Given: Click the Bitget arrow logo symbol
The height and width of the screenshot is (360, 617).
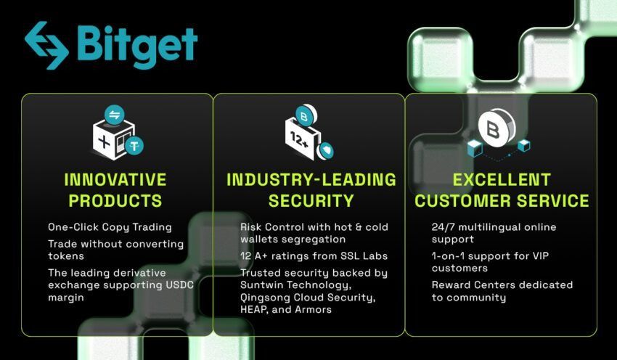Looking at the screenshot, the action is tap(46, 45).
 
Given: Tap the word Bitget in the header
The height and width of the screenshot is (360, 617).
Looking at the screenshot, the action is tap(137, 46).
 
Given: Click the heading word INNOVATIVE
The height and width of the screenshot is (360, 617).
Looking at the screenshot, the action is tap(115, 180).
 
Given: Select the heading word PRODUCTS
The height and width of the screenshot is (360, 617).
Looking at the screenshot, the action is tap(115, 200).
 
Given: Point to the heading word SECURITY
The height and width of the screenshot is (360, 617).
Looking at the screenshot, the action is tap(311, 200).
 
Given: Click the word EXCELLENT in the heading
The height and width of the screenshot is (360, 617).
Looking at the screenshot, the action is tap(502, 180).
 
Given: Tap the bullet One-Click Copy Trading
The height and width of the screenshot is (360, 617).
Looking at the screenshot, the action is tap(110, 227).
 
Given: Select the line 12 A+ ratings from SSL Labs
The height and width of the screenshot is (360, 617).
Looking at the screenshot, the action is tap(314, 256).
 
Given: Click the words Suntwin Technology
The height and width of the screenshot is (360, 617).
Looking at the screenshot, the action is tap(296, 285).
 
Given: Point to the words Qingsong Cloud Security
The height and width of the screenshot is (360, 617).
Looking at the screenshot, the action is tap(308, 298).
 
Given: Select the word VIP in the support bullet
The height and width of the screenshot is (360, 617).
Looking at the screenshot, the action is tap(541, 255).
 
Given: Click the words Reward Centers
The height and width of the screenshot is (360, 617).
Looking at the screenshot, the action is tap(467, 285).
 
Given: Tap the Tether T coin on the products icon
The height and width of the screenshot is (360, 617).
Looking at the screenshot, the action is tap(134, 146).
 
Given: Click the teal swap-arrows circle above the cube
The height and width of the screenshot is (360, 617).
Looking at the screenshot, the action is tap(115, 115).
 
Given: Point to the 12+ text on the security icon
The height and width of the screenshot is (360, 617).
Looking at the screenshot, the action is tap(300, 140).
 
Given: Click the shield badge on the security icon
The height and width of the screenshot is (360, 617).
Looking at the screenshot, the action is tap(326, 150).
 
